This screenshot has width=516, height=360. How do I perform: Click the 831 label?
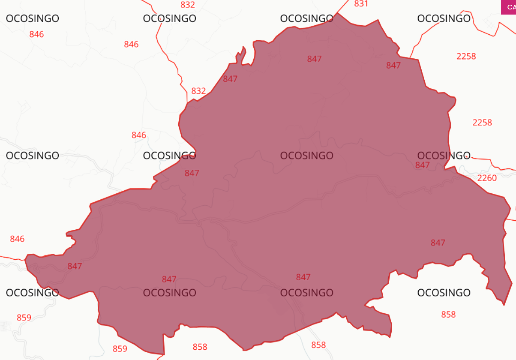click(361, 4)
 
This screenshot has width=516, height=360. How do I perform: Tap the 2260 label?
click(487, 178)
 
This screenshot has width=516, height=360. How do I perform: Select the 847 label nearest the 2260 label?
click(422, 165)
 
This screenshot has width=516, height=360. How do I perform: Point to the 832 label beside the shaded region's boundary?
click(198, 91)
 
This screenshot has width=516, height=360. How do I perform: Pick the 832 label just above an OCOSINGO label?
click(188, 5)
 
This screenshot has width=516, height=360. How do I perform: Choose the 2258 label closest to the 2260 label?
click(482, 123)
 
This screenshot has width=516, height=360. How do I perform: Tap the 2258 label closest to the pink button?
click(466, 56)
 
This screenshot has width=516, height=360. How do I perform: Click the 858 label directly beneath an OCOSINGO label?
click(448, 315)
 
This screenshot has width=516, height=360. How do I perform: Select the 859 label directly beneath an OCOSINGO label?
click(24, 318)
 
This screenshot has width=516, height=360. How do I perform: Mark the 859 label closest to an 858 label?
click(120, 349)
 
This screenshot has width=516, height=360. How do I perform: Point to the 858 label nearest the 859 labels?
click(200, 347)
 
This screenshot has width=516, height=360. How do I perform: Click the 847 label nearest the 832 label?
click(230, 79)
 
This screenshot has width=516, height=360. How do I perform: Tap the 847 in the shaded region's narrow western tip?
click(75, 266)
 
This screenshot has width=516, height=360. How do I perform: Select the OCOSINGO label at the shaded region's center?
click(306, 156)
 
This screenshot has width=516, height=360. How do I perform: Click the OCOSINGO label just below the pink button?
click(444, 18)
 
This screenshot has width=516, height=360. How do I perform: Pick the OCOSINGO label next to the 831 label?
click(306, 18)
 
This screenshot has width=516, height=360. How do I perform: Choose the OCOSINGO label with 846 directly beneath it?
click(32, 18)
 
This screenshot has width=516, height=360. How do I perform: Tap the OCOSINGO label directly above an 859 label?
click(32, 293)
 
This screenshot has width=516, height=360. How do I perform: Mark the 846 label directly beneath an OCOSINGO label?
click(36, 34)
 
